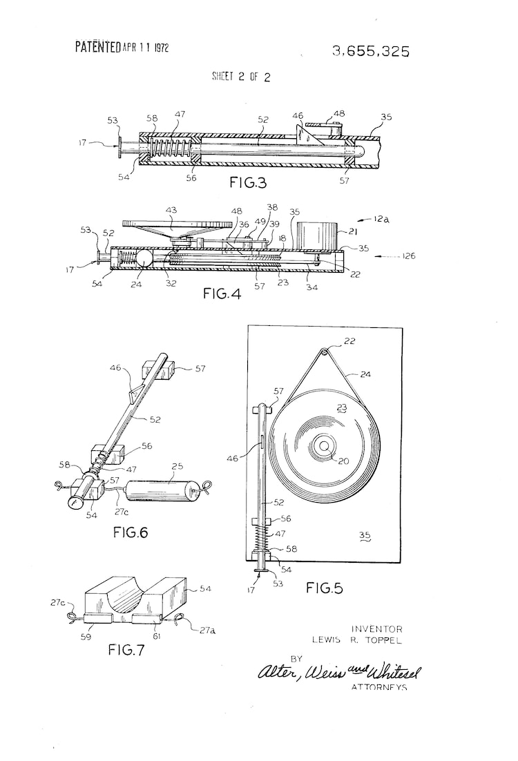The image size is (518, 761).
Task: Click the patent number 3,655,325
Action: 371,51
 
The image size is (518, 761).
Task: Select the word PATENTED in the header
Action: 98,47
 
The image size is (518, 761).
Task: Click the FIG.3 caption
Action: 248,182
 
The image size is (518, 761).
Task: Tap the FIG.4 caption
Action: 222,293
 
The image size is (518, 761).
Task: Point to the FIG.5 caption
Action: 325,588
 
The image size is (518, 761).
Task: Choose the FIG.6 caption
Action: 130,532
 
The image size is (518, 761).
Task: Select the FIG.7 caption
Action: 126,649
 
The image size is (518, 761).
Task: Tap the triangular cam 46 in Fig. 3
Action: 307,133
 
